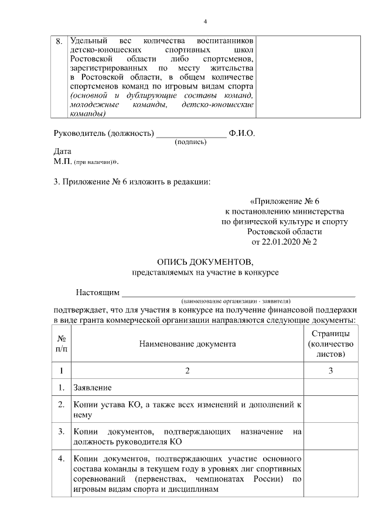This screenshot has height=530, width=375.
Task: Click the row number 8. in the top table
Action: point(59,42)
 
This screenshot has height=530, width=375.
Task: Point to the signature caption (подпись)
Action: point(190,142)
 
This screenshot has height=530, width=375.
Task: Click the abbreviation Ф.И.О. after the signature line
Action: point(242,133)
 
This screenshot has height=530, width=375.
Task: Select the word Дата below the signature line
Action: point(62,151)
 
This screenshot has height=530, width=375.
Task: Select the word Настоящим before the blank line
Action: point(97,292)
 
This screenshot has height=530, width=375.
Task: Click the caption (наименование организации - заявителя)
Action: point(236,300)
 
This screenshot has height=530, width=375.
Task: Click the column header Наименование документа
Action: point(187,344)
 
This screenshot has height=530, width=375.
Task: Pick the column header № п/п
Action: point(61,344)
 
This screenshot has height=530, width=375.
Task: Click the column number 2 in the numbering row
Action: point(187,371)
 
